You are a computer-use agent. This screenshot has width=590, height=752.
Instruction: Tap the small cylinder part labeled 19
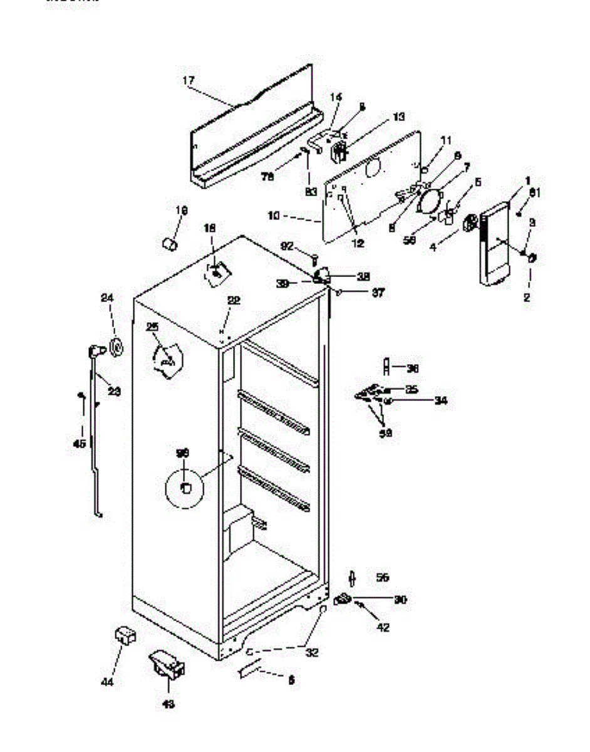(x=168, y=243)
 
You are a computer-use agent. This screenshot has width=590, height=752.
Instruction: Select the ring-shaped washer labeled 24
(x=116, y=346)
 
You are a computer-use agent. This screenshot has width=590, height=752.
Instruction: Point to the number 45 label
(x=80, y=444)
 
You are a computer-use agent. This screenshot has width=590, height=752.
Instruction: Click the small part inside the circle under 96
(x=185, y=488)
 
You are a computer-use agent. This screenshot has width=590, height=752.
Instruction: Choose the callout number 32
(x=312, y=652)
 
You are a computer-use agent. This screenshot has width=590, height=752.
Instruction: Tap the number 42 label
(x=383, y=627)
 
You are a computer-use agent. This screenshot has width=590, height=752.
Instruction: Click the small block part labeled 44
(x=125, y=637)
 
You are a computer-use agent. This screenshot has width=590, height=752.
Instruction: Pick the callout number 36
(x=412, y=368)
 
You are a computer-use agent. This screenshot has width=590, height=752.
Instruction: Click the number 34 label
(x=441, y=400)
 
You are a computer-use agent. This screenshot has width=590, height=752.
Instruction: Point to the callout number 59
(x=386, y=432)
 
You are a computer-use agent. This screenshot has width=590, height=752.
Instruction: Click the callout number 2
(x=527, y=298)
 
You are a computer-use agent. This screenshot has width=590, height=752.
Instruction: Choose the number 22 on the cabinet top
(x=233, y=301)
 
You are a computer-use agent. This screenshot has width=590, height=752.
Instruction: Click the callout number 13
(x=399, y=117)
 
